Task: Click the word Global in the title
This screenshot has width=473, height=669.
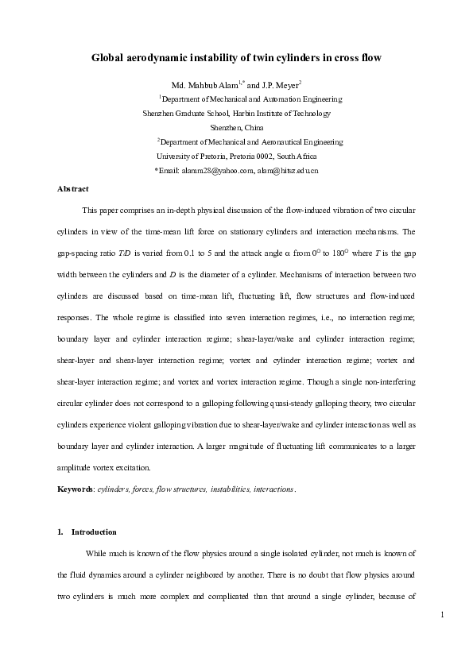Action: point(110,58)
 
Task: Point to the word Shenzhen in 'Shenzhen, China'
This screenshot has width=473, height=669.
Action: point(226,127)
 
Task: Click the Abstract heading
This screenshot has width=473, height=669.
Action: point(73,189)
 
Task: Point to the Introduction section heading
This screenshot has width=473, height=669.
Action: point(94,532)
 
